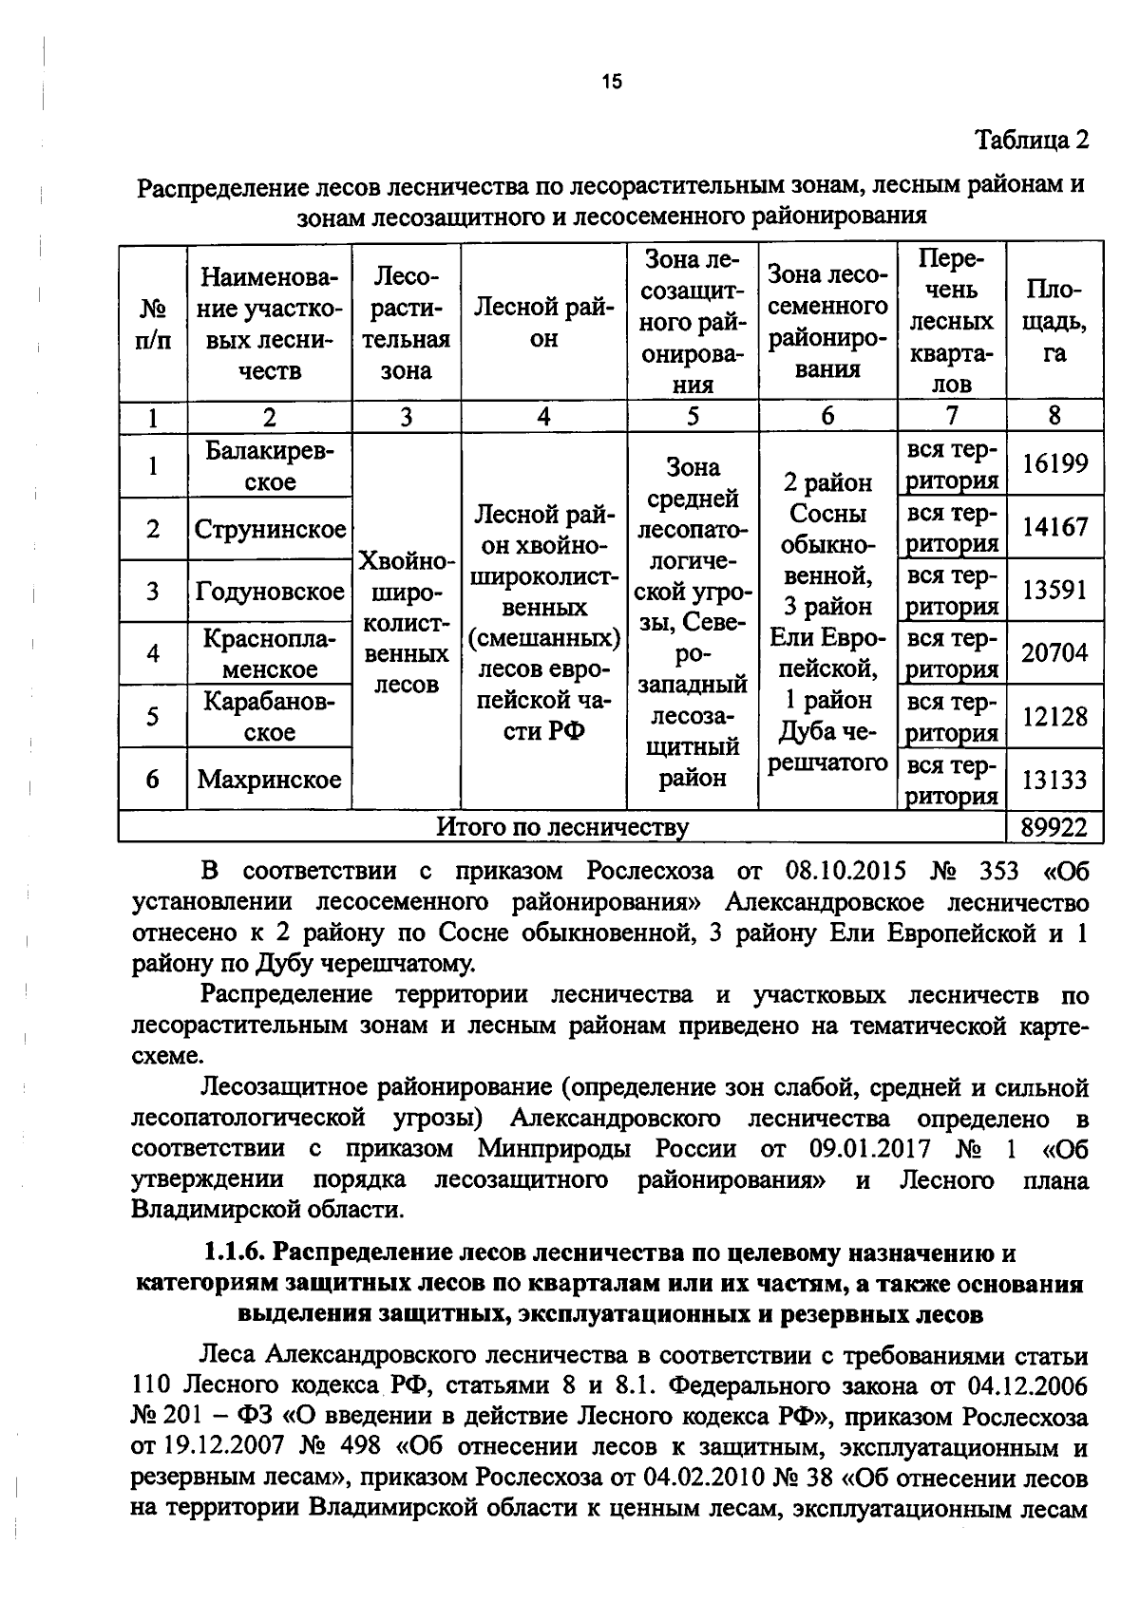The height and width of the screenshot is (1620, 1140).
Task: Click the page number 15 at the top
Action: click(x=611, y=82)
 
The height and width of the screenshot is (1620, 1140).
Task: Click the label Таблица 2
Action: click(x=1032, y=141)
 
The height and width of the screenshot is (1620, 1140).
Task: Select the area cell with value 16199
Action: click(x=1054, y=464)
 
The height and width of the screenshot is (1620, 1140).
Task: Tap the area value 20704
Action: click(x=1054, y=653)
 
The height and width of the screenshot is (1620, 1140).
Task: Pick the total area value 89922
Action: click(x=1054, y=827)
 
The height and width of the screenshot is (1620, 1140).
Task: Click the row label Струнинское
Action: click(x=270, y=529)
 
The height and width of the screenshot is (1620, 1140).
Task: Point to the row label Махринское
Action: click(x=270, y=780)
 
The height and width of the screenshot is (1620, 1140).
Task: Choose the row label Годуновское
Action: click(x=270, y=592)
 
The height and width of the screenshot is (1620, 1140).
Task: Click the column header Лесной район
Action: click(x=543, y=323)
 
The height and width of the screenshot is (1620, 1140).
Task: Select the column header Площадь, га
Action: click(x=1054, y=321)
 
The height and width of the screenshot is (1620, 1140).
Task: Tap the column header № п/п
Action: click(x=152, y=323)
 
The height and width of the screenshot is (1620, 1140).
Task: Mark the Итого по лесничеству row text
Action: click(x=562, y=827)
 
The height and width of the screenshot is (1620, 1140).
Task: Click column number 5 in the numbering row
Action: click(x=693, y=416)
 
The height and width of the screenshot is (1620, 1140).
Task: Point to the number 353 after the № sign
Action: click(x=997, y=872)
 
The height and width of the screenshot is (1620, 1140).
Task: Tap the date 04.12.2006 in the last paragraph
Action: click(x=1028, y=1385)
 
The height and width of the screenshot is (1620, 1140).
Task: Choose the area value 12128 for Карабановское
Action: click(x=1054, y=717)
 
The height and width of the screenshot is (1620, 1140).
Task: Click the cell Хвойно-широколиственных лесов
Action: click(x=406, y=622)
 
